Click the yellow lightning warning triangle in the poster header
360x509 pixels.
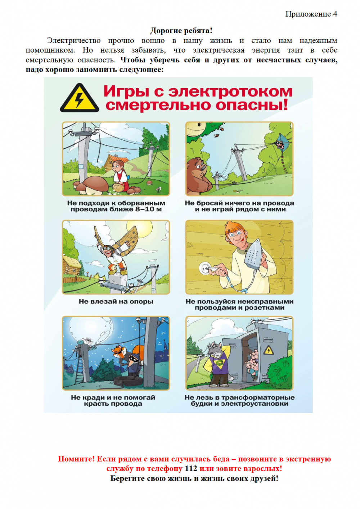pos(79,98)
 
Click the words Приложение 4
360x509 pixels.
pos(311,14)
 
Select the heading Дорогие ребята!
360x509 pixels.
pos(181,30)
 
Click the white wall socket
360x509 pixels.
pos(205,269)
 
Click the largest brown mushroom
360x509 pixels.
pos(95,185)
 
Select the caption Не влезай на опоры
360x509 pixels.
pos(116,302)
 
